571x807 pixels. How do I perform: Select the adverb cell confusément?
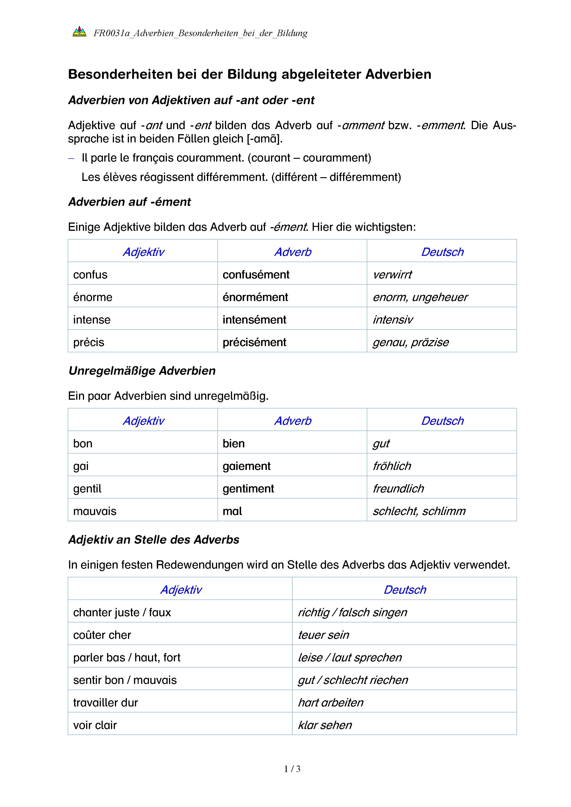click(256, 275)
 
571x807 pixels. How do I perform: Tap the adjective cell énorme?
click(93, 297)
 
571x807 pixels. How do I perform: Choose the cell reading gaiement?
click(246, 466)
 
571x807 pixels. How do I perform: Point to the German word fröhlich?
click(392, 466)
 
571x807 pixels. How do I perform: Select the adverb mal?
click(232, 511)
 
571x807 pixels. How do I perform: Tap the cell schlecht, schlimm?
click(419, 511)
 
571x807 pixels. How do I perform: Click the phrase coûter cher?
click(102, 635)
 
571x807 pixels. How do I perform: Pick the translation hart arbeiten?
click(330, 702)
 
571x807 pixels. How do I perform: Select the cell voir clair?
click(95, 725)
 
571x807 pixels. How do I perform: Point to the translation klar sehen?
click(325, 725)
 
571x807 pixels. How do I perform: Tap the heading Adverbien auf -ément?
click(129, 202)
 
